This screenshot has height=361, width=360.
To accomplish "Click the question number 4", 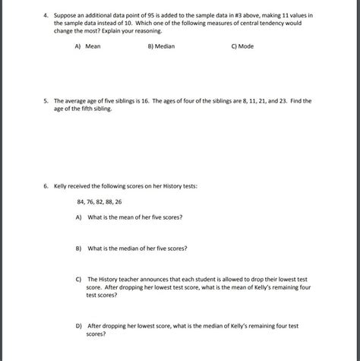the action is click(x=45, y=14).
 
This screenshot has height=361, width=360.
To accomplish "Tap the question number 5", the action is click(x=45, y=100).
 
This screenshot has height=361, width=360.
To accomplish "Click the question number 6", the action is click(x=45, y=185).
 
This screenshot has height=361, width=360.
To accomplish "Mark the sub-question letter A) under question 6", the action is click(x=79, y=217).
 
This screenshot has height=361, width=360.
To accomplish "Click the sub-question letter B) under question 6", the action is click(x=79, y=248).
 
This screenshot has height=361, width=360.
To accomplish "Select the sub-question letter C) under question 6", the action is click(x=79, y=279).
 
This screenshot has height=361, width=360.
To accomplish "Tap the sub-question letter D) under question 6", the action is click(x=79, y=325).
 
